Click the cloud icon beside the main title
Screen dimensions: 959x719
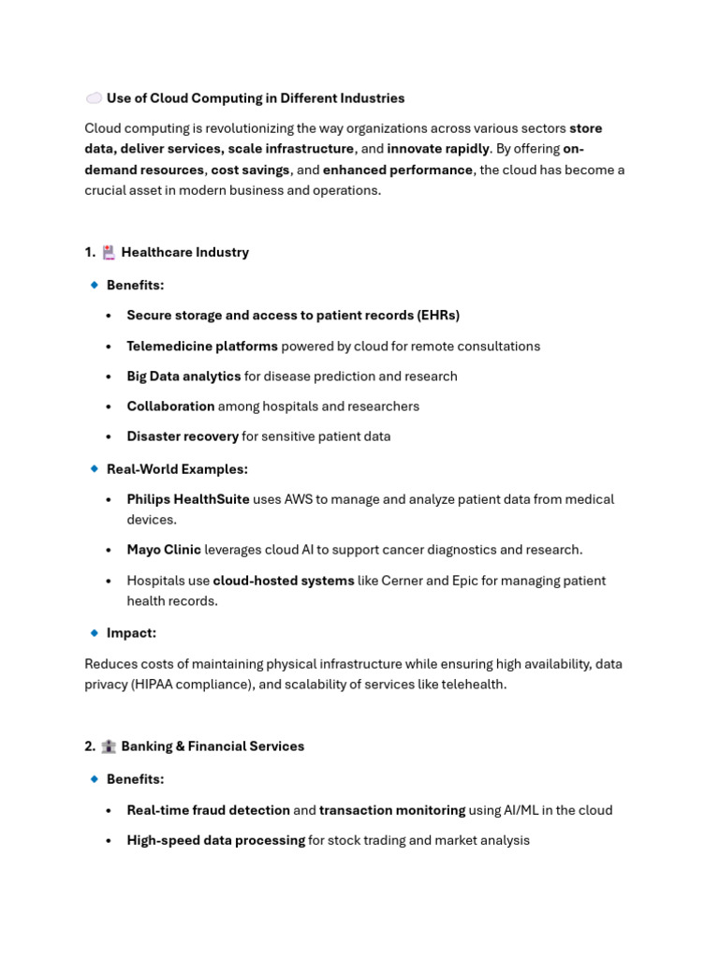(94, 98)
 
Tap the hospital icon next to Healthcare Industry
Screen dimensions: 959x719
(109, 252)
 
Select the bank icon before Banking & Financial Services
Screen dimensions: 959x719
(109, 746)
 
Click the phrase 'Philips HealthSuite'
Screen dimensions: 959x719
(188, 499)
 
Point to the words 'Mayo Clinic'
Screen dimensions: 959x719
(164, 550)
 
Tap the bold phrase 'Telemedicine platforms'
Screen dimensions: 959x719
(202, 347)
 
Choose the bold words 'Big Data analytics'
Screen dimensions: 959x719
(183, 376)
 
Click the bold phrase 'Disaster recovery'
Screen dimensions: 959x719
(183, 436)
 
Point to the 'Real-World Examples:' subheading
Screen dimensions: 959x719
(177, 469)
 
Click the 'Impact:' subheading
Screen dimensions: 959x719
(131, 633)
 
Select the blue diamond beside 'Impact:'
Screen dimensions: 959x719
(94, 633)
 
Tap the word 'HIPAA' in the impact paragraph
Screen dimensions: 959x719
(159, 685)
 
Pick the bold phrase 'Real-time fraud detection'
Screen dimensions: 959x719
(208, 810)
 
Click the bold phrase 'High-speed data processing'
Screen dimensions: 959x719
(215, 840)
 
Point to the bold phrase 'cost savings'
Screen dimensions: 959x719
(250, 170)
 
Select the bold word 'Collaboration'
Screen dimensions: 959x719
(170, 406)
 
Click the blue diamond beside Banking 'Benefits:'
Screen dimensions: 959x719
(94, 779)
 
